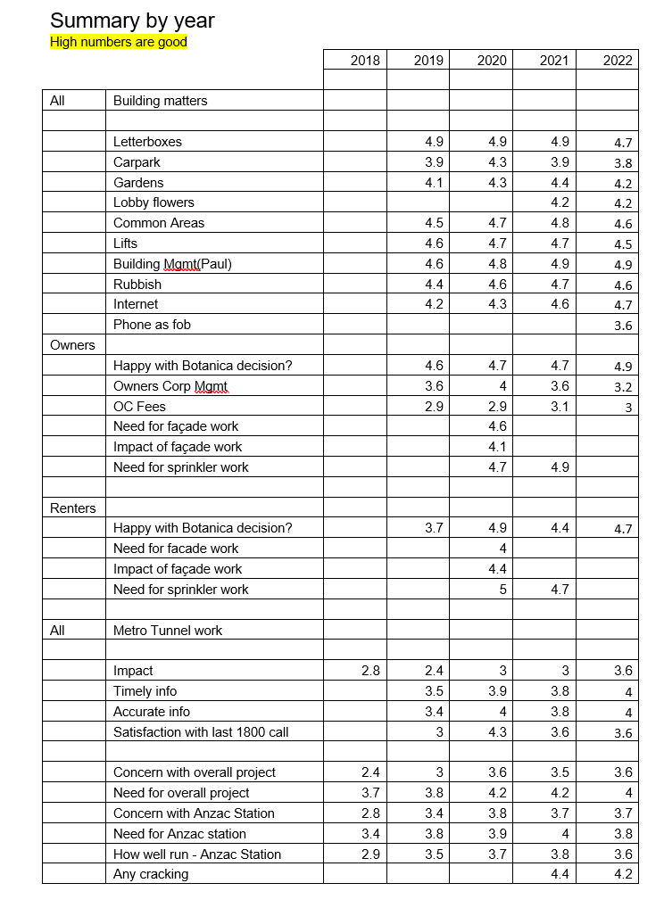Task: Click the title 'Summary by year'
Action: click(x=132, y=21)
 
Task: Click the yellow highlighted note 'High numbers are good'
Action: click(x=119, y=42)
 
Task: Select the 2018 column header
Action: click(x=365, y=60)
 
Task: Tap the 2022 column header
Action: click(x=618, y=60)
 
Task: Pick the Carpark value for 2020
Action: click(x=497, y=162)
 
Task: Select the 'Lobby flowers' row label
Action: click(x=154, y=202)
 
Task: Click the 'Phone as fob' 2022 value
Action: click(x=623, y=326)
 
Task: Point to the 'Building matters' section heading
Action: click(x=160, y=101)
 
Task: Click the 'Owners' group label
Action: click(x=72, y=345)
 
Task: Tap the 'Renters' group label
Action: click(x=72, y=508)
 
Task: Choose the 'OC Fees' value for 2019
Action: click(x=434, y=407)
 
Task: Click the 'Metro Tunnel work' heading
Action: click(x=168, y=631)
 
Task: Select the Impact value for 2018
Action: click(x=370, y=671)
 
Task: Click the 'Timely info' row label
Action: click(x=145, y=691)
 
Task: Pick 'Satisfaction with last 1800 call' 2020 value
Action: click(x=497, y=732)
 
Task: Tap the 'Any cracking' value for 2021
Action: click(x=560, y=874)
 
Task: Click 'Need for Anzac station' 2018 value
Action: click(x=370, y=834)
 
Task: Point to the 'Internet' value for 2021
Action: click(x=560, y=304)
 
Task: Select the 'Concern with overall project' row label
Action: click(x=194, y=772)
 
